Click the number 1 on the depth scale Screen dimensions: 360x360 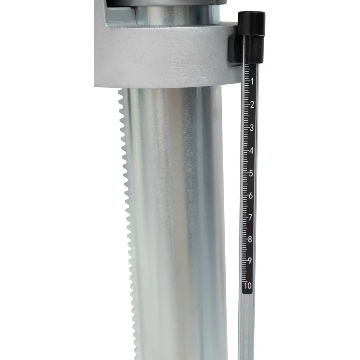click(x=252, y=81)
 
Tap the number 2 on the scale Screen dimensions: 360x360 click(x=252, y=105)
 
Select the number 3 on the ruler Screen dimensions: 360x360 click(x=252, y=128)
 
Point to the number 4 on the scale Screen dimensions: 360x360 click(x=251, y=151)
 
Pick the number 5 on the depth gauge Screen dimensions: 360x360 click(x=251, y=174)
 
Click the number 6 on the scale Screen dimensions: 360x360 click(x=251, y=195)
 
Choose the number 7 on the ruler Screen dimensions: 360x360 click(x=250, y=217)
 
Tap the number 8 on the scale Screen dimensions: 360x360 click(x=250, y=239)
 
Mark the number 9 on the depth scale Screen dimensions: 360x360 click(x=249, y=261)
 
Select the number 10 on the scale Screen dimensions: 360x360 click(x=248, y=286)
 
